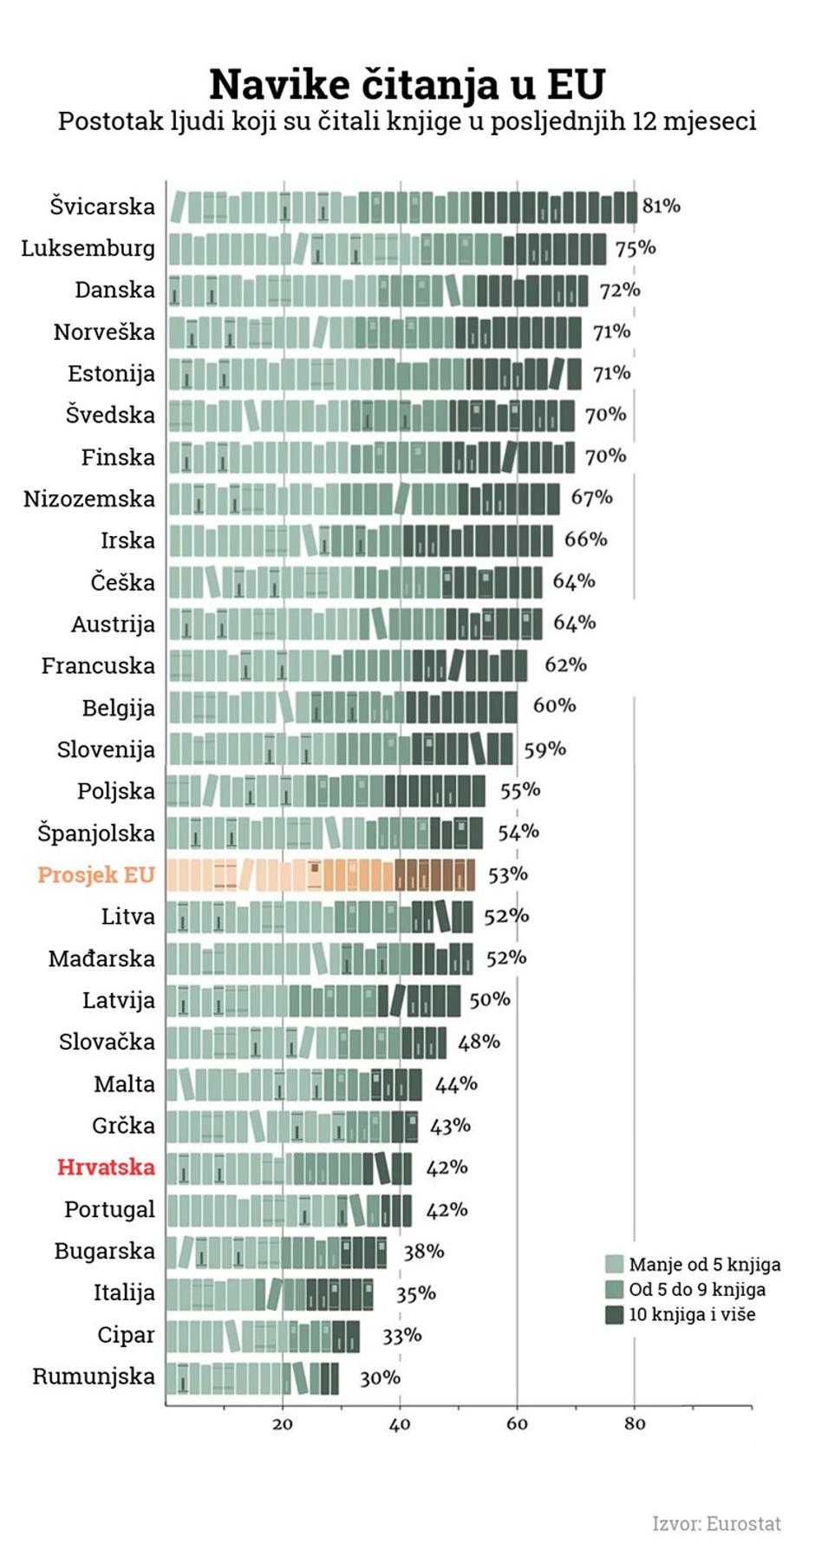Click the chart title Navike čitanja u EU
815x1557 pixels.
[x=407, y=85]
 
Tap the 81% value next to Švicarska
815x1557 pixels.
[x=661, y=206]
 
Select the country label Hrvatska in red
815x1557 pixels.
[x=106, y=1168]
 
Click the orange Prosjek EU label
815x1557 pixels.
[x=95, y=874]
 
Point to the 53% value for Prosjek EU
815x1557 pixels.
[x=507, y=874]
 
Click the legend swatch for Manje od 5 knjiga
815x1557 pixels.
[x=614, y=1264]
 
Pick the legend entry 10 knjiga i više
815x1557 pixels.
[x=691, y=1314]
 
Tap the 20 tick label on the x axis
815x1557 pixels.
[x=282, y=1424]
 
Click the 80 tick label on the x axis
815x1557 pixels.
[x=634, y=1424]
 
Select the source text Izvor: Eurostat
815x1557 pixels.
[x=716, y=1523]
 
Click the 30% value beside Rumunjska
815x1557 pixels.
[x=380, y=1377]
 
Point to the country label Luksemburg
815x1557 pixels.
[x=88, y=248]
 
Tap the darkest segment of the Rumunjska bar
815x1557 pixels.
[x=329, y=1378]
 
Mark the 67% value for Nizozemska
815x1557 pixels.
[x=591, y=498]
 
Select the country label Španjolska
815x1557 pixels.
[x=95, y=833]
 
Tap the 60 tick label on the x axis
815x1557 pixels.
[x=517, y=1424]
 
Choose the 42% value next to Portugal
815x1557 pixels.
[x=446, y=1209]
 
